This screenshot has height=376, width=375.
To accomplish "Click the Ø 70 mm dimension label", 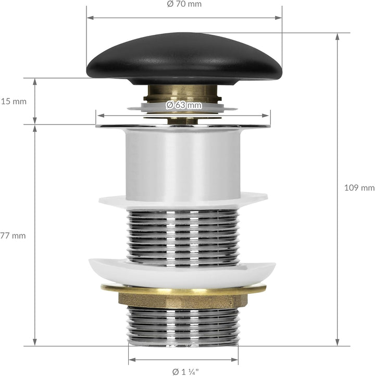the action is pyautogui.click(x=184, y=4).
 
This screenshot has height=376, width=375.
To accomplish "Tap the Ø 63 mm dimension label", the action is pyautogui.click(x=184, y=105).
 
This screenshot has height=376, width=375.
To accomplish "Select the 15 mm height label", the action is pyautogui.click(x=14, y=102).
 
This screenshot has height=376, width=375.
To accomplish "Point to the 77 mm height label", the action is pyautogui.click(x=13, y=236).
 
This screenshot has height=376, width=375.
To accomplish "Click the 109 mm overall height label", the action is pyautogui.click(x=359, y=187).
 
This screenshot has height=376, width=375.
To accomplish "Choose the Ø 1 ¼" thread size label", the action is pyautogui.click(x=185, y=372).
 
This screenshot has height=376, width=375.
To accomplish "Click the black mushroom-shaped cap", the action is pyautogui.click(x=184, y=59).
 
